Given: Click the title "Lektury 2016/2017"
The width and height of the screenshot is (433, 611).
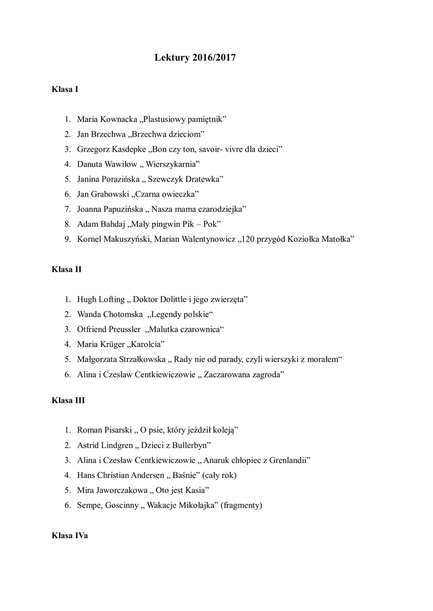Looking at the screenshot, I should point(195,58).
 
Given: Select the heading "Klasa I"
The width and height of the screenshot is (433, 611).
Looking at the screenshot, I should point(65,90).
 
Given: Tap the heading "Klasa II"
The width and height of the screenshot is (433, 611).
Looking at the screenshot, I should point(66,269).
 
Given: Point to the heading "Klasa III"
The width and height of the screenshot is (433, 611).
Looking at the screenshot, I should point(68,400).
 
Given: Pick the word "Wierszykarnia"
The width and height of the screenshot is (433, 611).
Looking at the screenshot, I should point(172,164).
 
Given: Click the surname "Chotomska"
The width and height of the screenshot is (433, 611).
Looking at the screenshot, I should point(122,314).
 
